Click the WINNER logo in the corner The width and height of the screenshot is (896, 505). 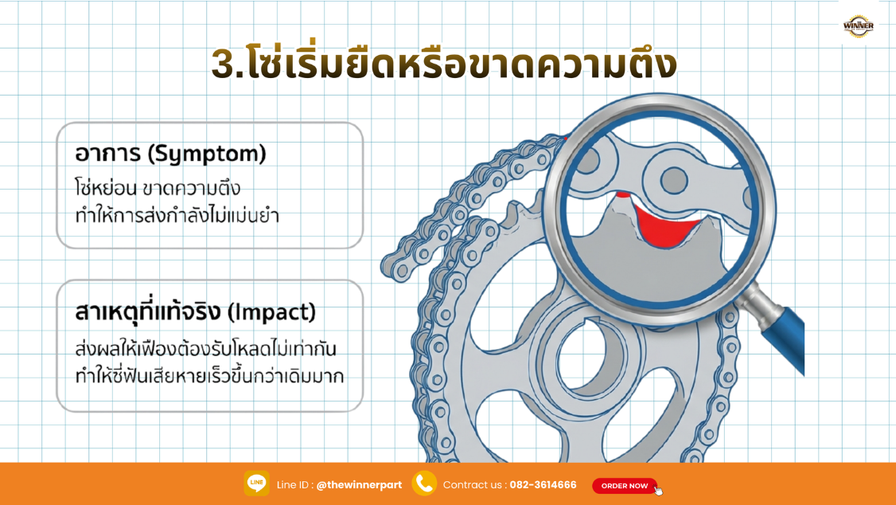pos(858,26)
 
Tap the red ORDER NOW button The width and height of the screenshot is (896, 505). pos(625,486)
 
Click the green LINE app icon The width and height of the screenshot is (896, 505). pos(256,483)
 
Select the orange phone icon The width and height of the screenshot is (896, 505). pos(424,483)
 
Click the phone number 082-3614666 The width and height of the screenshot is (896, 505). pos(543,485)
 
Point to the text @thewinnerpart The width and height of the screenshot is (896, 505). pos(359,485)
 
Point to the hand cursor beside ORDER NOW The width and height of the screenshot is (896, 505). pos(658,490)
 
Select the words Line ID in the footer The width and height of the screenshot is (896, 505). pos(294,485)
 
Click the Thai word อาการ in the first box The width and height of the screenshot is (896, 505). pos(103,153)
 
